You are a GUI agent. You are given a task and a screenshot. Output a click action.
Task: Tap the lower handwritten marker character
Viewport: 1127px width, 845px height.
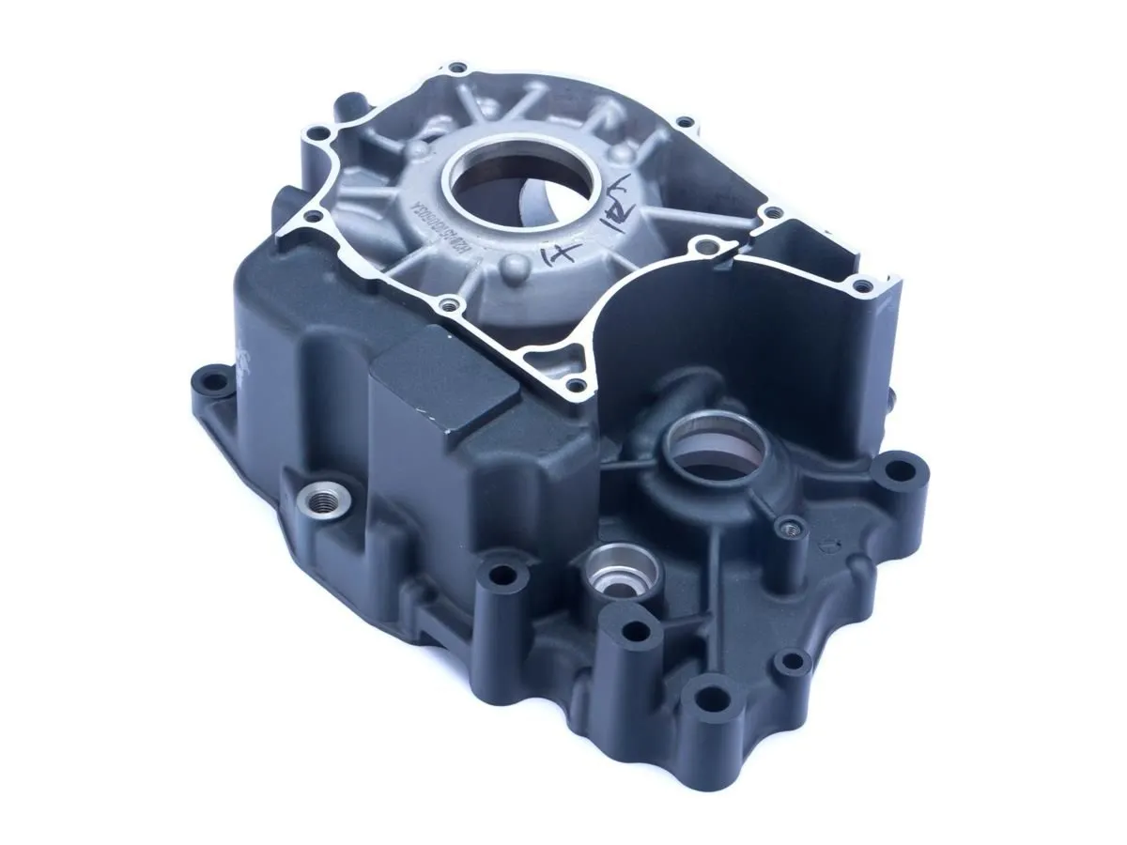561,253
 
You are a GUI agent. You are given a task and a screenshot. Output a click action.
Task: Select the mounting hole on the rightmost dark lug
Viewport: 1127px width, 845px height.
900,468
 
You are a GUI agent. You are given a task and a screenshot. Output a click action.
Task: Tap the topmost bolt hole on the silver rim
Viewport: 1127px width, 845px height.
457,69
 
